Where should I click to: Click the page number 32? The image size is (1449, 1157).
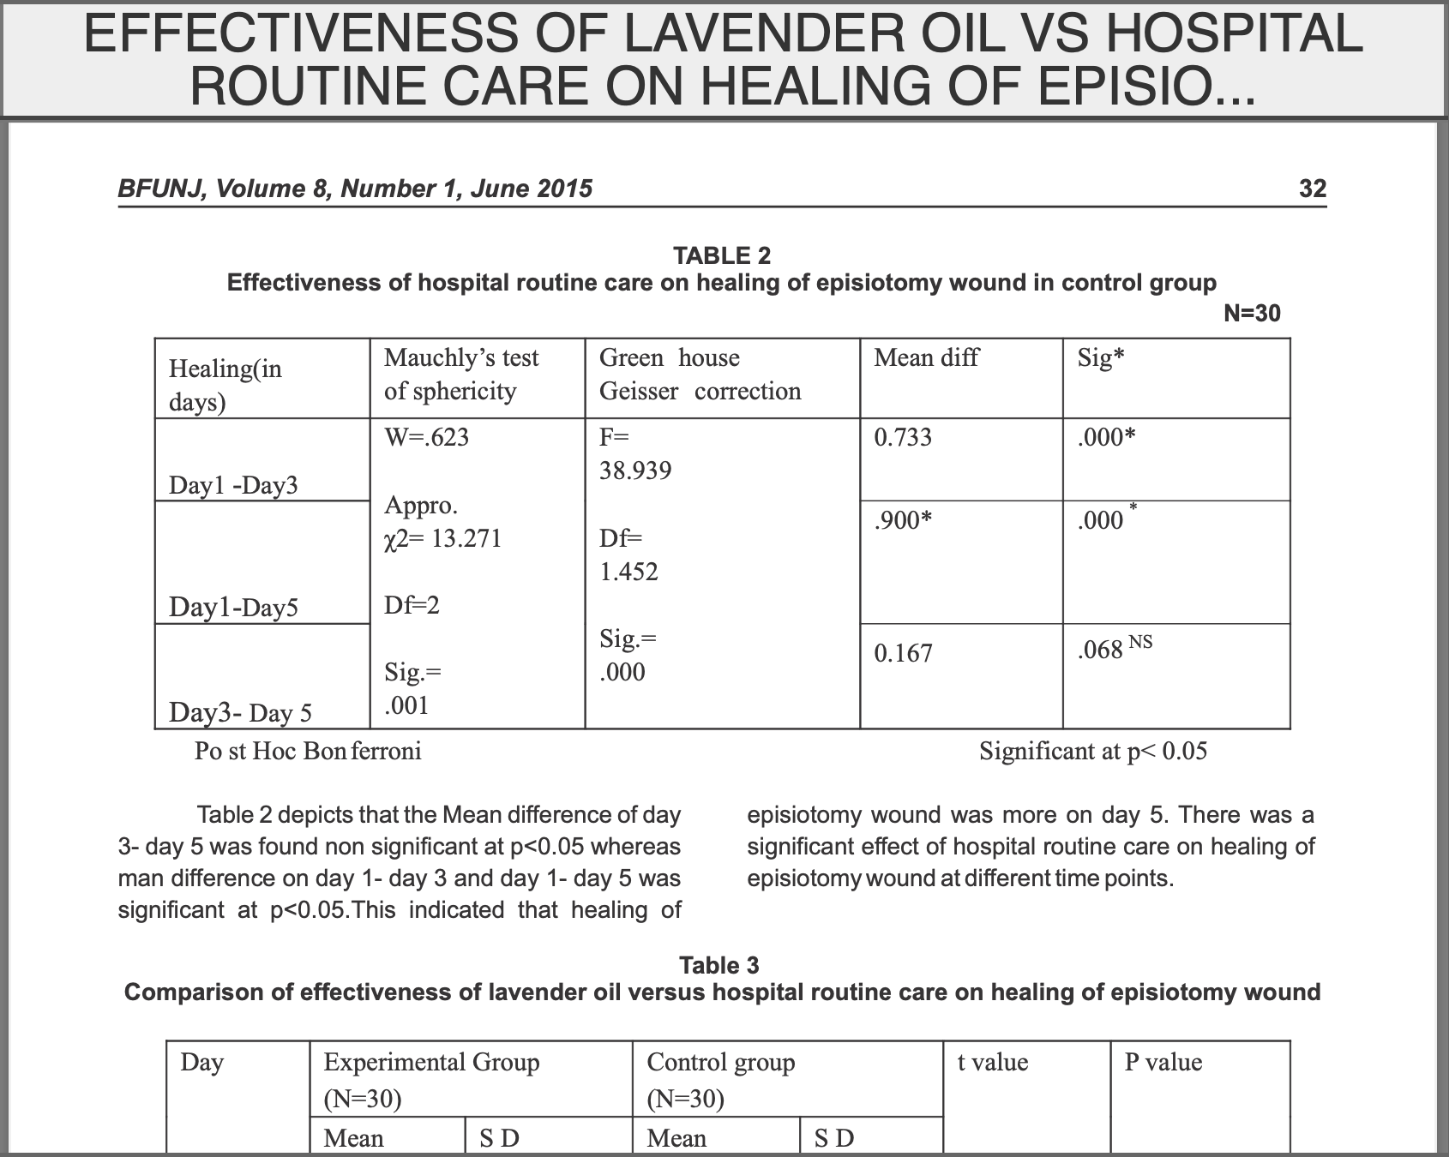click(x=1312, y=189)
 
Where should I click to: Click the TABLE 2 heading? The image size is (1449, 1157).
click(x=722, y=255)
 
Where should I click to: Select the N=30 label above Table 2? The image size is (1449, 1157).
click(x=1251, y=314)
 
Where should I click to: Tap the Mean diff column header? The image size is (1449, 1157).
click(x=926, y=358)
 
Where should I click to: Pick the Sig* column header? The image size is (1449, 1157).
click(x=1101, y=358)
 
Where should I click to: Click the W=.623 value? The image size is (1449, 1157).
click(x=426, y=438)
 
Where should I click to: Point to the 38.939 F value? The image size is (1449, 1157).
click(x=634, y=471)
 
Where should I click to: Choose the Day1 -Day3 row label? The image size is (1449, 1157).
click(x=233, y=486)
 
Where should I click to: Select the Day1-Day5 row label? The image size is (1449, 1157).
click(x=233, y=608)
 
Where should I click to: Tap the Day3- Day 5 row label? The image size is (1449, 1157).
click(x=240, y=713)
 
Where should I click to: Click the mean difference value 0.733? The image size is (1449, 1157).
click(x=903, y=438)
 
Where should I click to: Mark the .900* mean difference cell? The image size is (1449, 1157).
click(x=903, y=520)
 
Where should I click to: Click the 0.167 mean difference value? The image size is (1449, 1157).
click(x=903, y=654)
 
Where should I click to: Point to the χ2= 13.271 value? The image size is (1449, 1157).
click(x=442, y=539)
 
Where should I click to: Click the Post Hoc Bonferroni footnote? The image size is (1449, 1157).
click(x=308, y=752)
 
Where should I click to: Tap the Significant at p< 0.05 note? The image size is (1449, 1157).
click(x=1093, y=752)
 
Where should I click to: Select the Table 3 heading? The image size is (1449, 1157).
click(x=719, y=966)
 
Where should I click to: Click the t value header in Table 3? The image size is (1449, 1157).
click(x=992, y=1063)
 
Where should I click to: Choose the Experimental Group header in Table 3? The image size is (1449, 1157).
click(x=431, y=1063)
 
